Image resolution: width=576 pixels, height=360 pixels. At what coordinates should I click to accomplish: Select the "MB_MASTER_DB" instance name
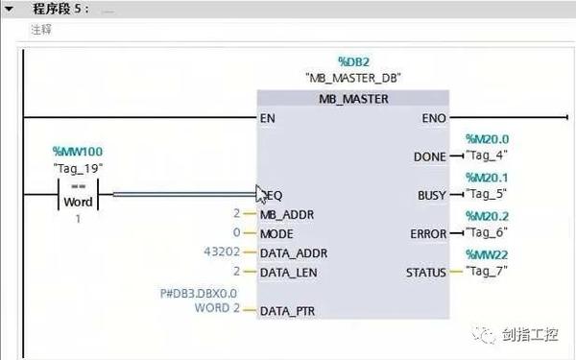(x=352, y=78)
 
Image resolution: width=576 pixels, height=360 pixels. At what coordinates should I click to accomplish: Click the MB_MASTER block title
(x=352, y=99)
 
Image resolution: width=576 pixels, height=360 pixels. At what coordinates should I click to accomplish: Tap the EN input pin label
(x=268, y=119)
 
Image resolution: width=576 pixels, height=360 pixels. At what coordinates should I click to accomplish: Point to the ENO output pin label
(x=433, y=119)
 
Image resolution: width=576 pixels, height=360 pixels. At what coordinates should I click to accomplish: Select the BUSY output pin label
(x=432, y=195)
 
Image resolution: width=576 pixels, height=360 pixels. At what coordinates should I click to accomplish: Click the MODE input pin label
(x=277, y=233)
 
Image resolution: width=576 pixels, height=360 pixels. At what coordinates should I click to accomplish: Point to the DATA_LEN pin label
(x=290, y=272)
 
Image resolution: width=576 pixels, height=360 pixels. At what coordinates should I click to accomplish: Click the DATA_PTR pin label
(x=289, y=311)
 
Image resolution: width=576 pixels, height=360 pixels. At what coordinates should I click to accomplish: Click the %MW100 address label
(x=77, y=152)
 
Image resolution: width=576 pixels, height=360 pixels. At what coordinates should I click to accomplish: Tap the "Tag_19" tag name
(x=77, y=168)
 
